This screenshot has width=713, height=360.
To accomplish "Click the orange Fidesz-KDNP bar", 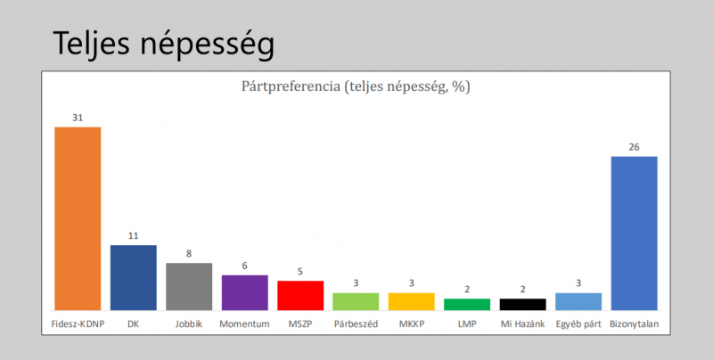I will (78, 218).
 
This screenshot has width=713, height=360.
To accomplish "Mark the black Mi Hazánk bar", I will (522, 304).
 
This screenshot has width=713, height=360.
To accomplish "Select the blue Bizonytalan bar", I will (634, 233).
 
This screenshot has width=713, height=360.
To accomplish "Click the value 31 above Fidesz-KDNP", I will (78, 117).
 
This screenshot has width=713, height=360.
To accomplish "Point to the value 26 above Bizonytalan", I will (634, 146).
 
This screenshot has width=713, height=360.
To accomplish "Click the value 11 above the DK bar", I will (133, 235).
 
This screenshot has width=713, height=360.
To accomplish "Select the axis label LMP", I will (467, 323).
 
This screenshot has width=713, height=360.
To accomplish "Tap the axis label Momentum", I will (244, 323).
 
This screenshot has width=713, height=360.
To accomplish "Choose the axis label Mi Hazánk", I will (522, 323).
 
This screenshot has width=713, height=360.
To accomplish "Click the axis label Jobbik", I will (189, 323).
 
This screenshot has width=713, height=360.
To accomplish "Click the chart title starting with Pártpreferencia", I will (356, 86).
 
